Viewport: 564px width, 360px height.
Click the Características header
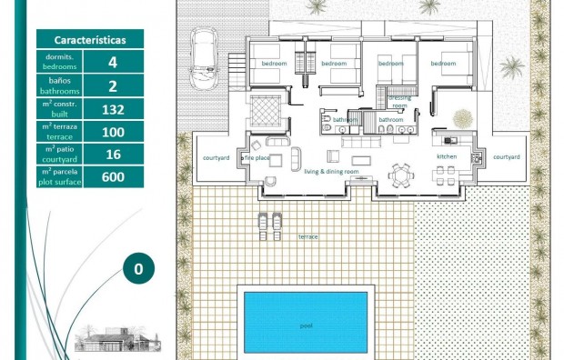pyautogui.click(x=90, y=40)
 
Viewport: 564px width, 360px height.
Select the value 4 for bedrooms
pyautogui.click(x=113, y=62)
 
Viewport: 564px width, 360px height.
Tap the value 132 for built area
pyautogui.click(x=113, y=109)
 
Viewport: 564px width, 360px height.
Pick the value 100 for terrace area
pyautogui.click(x=113, y=133)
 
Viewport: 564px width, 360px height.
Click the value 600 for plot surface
pyautogui.click(x=113, y=176)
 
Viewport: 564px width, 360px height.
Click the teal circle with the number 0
pyautogui.click(x=138, y=269)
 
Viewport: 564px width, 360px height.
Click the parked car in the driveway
pyautogui.click(x=202, y=56)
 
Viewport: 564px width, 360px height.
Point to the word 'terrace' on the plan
pyautogui.click(x=308, y=235)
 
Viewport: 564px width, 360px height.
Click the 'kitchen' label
pyautogui.click(x=447, y=157)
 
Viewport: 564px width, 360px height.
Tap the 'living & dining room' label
pyautogui.click(x=331, y=171)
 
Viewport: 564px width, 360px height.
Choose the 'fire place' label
pyautogui.click(x=257, y=157)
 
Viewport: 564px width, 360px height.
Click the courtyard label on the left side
pyautogui.click(x=216, y=157)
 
